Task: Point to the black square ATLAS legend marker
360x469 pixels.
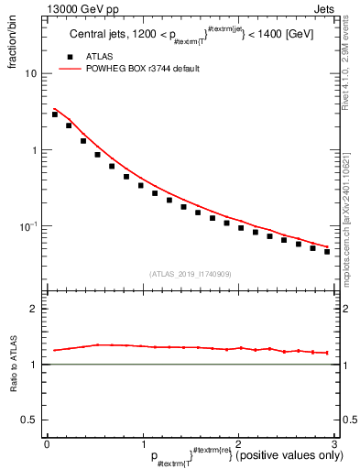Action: pyautogui.click(x=66, y=57)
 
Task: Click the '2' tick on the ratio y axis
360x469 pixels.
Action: pyautogui.click(x=34, y=309)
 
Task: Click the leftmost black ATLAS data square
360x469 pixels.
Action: pyautogui.click(x=55, y=115)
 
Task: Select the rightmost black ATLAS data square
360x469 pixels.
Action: pyautogui.click(x=327, y=251)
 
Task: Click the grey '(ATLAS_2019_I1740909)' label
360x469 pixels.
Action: pyautogui.click(x=191, y=274)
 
